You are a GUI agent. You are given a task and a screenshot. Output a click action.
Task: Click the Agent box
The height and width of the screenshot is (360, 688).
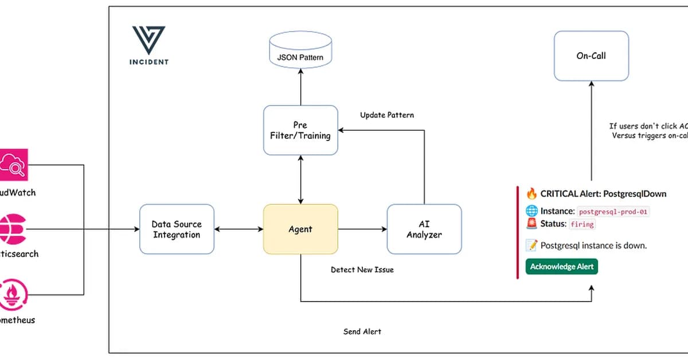point(300,229)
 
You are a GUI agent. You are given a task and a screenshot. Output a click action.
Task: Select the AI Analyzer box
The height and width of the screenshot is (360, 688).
point(424,229)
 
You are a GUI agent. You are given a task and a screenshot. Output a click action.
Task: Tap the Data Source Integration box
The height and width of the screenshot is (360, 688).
point(177,229)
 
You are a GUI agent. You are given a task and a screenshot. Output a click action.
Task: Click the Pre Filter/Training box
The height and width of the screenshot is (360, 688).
point(300,130)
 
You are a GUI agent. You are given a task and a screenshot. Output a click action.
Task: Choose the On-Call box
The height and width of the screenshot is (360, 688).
point(591,56)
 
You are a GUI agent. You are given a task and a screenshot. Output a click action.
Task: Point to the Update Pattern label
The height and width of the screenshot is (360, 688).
point(387,115)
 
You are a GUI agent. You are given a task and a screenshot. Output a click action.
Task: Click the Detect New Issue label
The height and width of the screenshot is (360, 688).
point(362,269)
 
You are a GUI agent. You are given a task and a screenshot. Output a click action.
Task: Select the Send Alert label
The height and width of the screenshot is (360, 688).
point(362,331)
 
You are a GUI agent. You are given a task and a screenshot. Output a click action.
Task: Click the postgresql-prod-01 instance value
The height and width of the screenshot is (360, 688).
point(613,212)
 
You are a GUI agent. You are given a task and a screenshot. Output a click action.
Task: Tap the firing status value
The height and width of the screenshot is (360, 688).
point(583,224)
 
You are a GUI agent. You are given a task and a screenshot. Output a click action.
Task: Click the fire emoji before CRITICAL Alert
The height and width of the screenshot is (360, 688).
point(531,194)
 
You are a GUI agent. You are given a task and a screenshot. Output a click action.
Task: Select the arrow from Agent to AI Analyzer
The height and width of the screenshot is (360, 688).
point(362,229)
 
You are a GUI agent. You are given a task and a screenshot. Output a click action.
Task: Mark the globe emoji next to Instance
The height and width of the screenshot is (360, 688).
point(531,211)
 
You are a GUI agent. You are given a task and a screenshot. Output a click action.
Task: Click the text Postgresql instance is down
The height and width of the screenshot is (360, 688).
point(593,245)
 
